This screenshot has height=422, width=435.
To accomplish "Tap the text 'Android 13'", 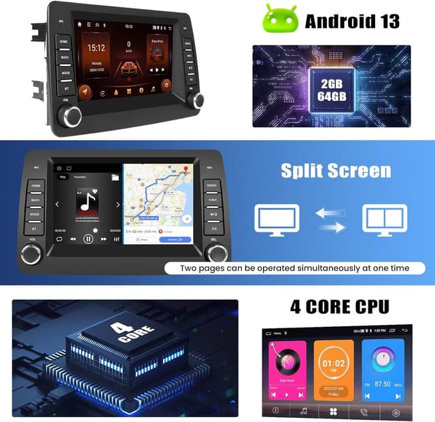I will [352, 20].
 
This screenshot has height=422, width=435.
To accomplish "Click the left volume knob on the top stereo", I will [73, 116].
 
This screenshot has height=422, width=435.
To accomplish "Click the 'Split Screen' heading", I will [336, 171].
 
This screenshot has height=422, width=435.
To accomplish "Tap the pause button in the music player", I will [88, 239].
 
